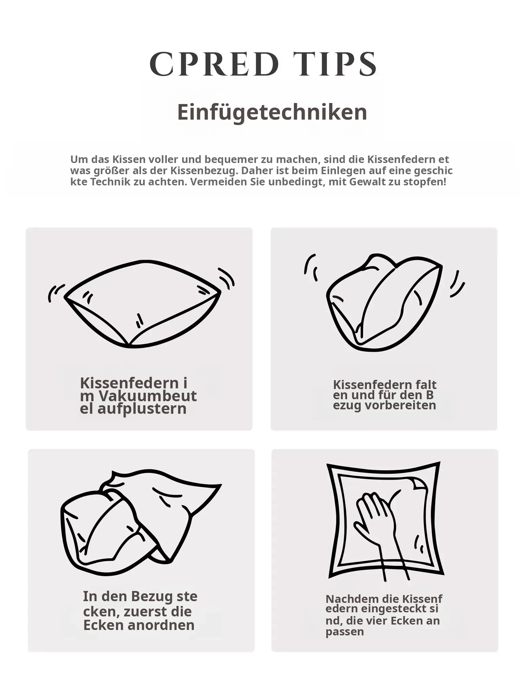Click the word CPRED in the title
coord(215,64)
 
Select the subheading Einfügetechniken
coord(272,112)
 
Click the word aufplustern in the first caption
coord(142,409)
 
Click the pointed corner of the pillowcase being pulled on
coord(220,485)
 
